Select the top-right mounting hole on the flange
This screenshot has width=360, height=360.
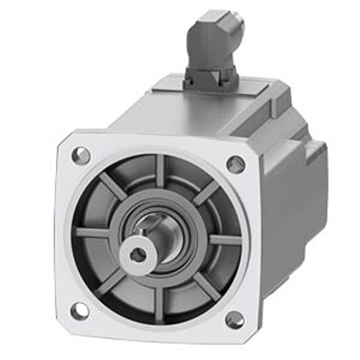(x=235, y=165)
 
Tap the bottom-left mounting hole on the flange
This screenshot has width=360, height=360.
(x=78, y=310)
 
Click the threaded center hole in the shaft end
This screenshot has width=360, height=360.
(x=138, y=255)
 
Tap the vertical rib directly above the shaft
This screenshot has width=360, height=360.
(x=160, y=172)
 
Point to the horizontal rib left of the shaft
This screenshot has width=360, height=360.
(x=92, y=233)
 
